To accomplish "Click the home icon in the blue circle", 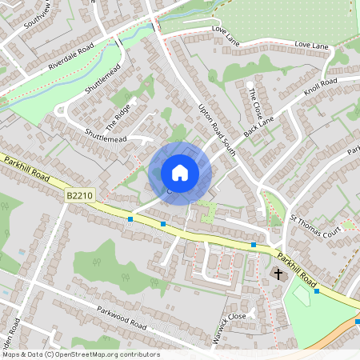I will (x=180, y=172).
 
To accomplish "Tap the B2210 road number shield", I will (x=75, y=194).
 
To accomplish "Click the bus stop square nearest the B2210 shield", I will (x=130, y=219).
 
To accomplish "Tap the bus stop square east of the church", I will (x=317, y=291).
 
